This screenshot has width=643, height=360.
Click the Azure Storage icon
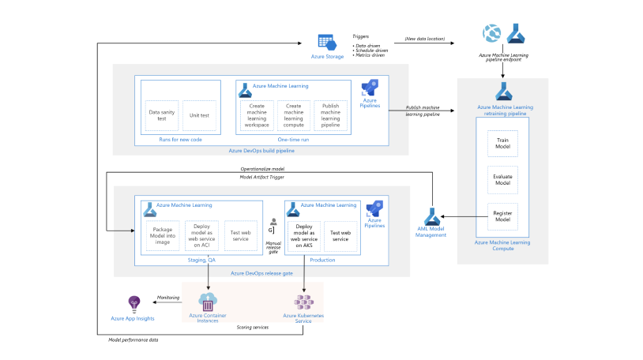(323, 42)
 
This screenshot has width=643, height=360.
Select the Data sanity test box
(162, 115)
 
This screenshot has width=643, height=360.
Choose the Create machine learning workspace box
(256, 115)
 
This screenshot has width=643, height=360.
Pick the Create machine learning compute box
(293, 115)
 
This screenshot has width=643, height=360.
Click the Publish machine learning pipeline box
(330, 115)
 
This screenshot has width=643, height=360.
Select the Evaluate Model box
(502, 179)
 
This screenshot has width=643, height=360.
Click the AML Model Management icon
(431, 216)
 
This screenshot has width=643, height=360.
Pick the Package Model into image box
(162, 234)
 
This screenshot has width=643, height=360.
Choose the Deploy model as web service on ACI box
(201, 234)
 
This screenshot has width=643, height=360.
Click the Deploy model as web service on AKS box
(304, 235)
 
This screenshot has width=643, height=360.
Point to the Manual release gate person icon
(273, 223)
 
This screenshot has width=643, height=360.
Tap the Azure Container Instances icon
(209, 302)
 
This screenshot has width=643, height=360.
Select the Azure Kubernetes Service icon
(303, 302)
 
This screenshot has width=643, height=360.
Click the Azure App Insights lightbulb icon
(133, 303)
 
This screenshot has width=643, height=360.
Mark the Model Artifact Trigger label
(261, 177)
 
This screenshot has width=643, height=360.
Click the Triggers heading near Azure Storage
(360, 36)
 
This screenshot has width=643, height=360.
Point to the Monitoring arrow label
(168, 298)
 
